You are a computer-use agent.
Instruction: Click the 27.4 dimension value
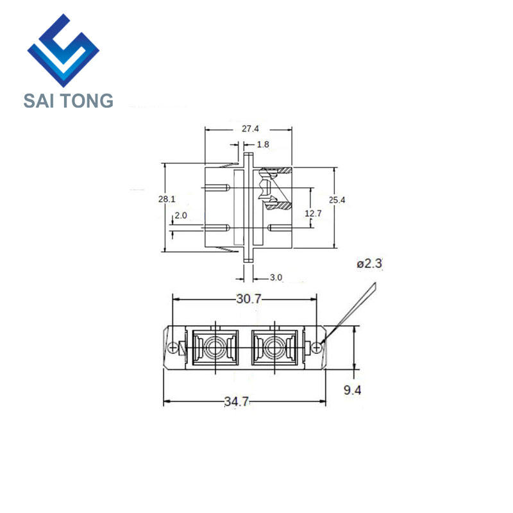pyautogui.click(x=250, y=129)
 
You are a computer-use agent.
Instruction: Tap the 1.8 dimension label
pyautogui.click(x=263, y=144)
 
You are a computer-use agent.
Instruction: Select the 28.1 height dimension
pyautogui.click(x=167, y=199)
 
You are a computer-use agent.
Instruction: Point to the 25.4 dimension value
pyautogui.click(x=337, y=200)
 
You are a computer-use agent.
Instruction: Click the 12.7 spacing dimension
pyautogui.click(x=313, y=214)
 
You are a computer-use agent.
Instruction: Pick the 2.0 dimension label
pyautogui.click(x=181, y=215)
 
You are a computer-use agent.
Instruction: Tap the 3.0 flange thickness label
pyautogui.click(x=276, y=278)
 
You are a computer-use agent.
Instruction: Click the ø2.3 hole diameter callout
pyautogui.click(x=369, y=264)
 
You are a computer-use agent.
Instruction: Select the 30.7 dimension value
pyautogui.click(x=249, y=299)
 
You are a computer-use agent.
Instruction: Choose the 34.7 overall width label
pyautogui.click(x=237, y=401)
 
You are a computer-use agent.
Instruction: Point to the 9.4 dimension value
pyautogui.click(x=352, y=390)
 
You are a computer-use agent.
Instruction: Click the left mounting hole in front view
pyautogui.click(x=172, y=348)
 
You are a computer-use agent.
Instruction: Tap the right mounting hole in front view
pyautogui.click(x=317, y=348)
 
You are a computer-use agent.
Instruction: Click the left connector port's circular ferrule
pyautogui.click(x=215, y=347)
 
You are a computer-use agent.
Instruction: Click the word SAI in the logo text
pyautogui.click(x=38, y=101)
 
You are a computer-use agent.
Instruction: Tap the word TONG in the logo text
pyautogui.click(x=87, y=101)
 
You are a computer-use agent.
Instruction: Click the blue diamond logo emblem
pyautogui.click(x=63, y=51)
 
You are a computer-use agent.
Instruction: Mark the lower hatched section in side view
pyautogui.click(x=278, y=206)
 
